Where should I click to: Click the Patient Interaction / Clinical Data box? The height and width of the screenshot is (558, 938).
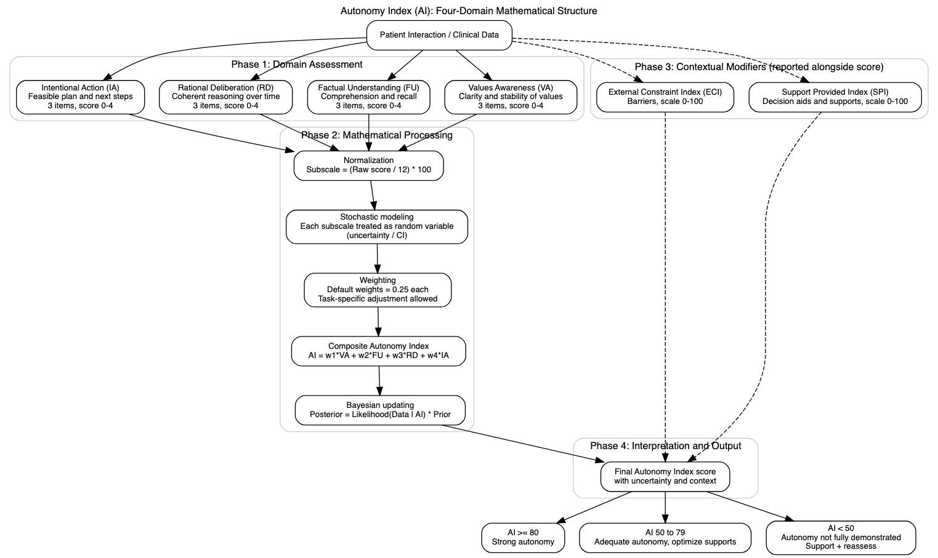(x=439, y=35)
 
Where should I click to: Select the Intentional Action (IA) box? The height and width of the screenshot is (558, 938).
(x=81, y=97)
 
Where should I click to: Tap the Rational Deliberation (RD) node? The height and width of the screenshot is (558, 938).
(x=225, y=97)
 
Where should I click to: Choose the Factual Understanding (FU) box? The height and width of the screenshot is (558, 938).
(x=368, y=97)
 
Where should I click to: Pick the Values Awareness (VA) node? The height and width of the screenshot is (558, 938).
(x=511, y=97)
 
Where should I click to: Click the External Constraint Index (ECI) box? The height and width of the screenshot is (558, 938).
(x=665, y=97)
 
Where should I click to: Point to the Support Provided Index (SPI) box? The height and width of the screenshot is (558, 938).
(x=835, y=97)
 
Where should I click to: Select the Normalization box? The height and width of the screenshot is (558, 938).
(x=368, y=165)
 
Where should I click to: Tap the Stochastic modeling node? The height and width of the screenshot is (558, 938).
(x=377, y=227)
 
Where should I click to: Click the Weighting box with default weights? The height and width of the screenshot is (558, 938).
(x=378, y=290)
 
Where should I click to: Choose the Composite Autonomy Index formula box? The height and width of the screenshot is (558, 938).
(x=379, y=351)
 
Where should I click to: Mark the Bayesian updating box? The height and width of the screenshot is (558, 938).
(x=380, y=410)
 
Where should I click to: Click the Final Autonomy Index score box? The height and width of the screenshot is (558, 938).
(x=665, y=476)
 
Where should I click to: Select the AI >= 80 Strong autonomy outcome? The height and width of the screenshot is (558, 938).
(x=523, y=538)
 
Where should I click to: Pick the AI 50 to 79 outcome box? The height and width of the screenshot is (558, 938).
(x=665, y=538)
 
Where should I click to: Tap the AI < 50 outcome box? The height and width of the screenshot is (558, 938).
(x=841, y=538)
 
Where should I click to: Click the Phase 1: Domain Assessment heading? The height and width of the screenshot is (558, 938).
(x=297, y=65)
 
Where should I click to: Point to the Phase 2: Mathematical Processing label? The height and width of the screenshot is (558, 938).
(x=377, y=135)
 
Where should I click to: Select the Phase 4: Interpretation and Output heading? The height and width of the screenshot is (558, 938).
(x=665, y=446)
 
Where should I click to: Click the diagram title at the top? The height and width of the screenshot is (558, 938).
(x=469, y=11)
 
